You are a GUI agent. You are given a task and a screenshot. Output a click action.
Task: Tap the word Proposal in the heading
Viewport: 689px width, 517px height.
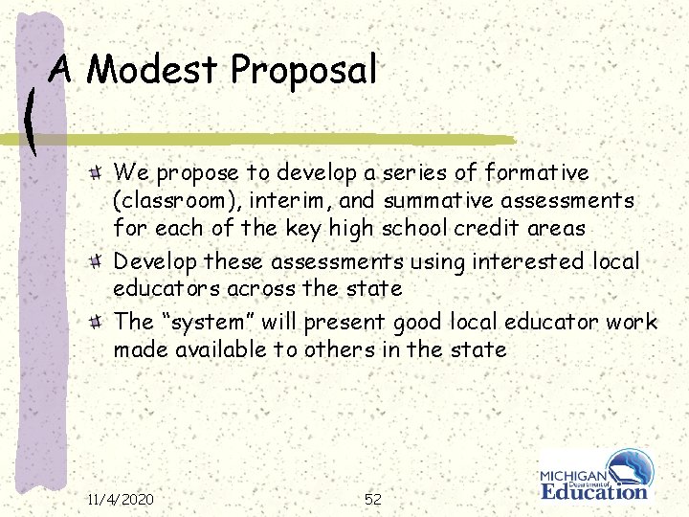[303, 72]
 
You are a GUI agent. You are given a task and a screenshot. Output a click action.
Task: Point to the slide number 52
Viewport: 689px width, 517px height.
[373, 499]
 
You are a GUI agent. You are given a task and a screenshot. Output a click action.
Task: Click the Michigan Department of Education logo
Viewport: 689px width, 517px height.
[595, 476]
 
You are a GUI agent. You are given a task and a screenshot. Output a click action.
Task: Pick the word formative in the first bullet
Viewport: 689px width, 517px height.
[537, 173]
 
